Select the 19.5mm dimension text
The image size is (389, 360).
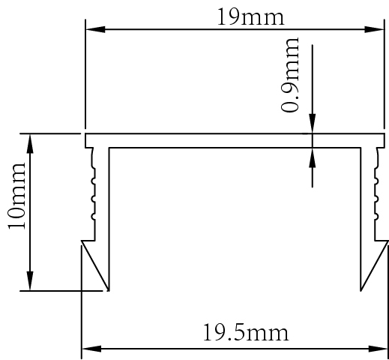pyautogui.click(x=245, y=331)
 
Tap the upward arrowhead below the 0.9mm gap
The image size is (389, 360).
pyautogui.click(x=313, y=156)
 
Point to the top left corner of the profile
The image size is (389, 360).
pyautogui.click(x=86, y=135)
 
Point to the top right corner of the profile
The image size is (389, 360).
pyautogui.click(x=384, y=135)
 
